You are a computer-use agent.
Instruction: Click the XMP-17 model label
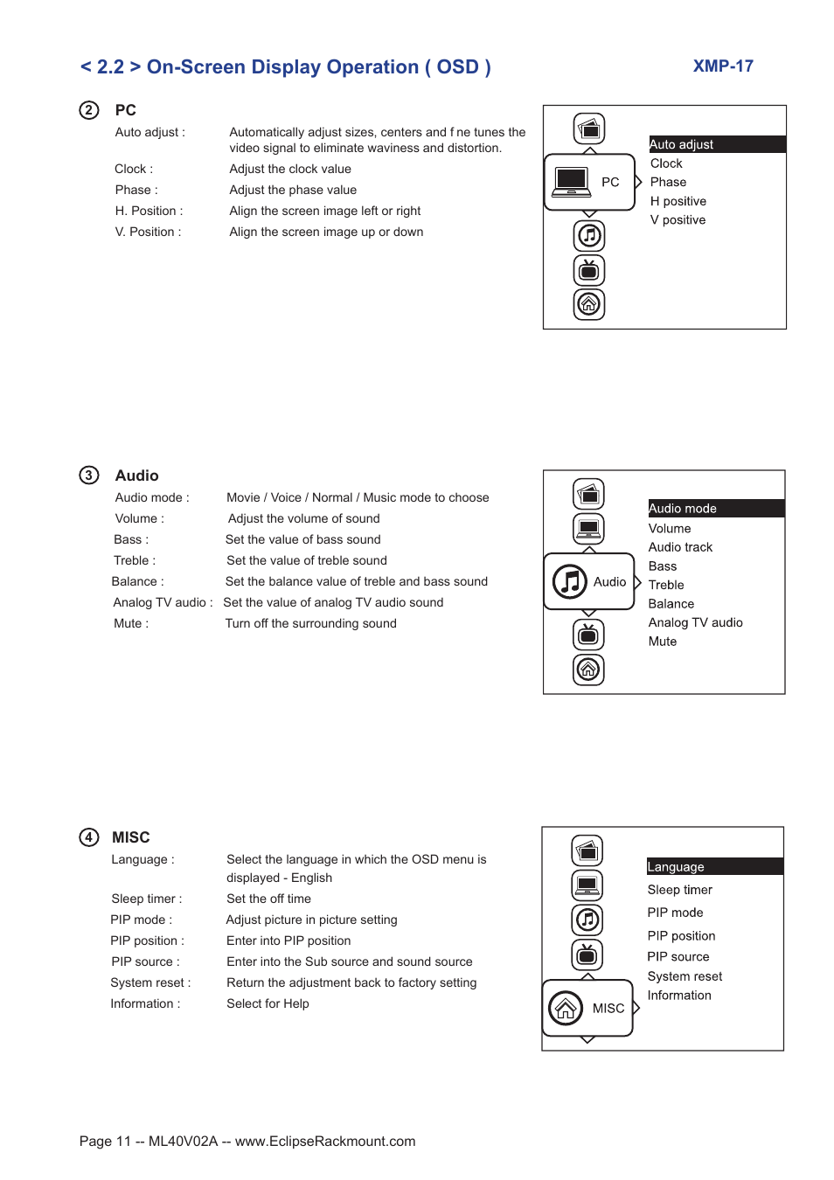pos(723,66)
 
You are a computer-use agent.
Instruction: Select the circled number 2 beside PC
pos(89,110)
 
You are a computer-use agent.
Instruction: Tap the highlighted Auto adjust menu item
pos(682,144)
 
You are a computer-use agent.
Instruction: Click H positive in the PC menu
pos(678,201)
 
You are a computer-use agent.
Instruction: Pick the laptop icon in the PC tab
pos(572,182)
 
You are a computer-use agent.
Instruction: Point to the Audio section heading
pos(137,475)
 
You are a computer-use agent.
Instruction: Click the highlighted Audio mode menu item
pos(683,509)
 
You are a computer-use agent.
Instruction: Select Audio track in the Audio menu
pos(680,547)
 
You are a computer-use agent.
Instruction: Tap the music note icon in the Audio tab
pos(570,581)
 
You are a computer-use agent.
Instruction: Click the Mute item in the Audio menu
pos(663,642)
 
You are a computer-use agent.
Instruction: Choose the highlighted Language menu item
pos(676,867)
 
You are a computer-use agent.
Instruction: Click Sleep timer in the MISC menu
pos(679,890)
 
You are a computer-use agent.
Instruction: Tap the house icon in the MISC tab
pos(566,1008)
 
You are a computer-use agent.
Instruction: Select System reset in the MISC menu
pos(685,976)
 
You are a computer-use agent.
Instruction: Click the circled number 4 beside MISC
pos(89,837)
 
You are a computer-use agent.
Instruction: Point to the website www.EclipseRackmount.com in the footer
pos(325,1142)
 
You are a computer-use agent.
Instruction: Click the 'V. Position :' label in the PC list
pos(148,232)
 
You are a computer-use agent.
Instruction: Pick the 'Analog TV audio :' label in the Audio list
pos(163,602)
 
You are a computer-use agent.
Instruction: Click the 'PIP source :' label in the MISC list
pos(145,961)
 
